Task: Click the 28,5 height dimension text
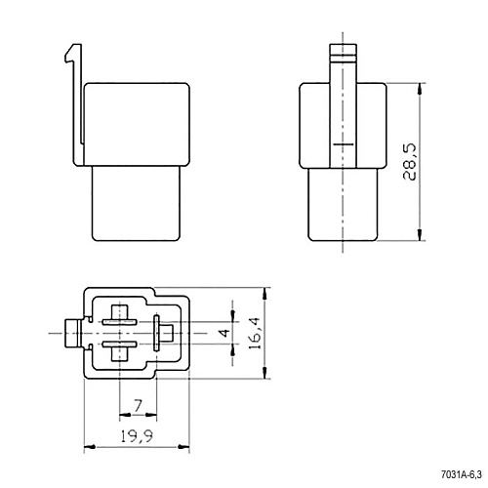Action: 410,162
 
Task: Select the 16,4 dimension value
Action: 255,333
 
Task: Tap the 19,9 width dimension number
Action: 137,436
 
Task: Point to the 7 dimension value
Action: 139,406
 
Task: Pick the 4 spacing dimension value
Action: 224,333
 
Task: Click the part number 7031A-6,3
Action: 461,474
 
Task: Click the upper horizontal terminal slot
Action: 119,322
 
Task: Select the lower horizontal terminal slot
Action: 119,345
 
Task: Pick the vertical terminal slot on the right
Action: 156,333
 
